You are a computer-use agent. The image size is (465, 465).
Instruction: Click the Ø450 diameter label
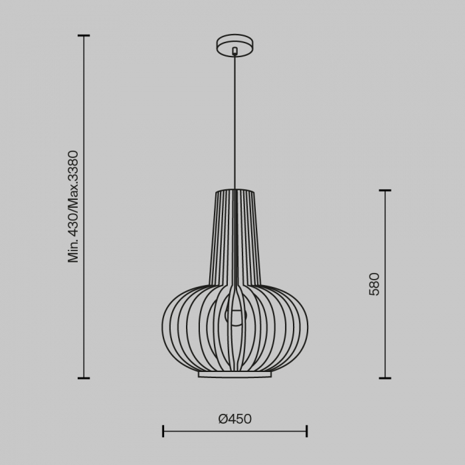235,418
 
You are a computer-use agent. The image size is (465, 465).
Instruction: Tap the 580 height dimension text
375,284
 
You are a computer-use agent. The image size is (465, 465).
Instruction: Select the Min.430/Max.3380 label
73,206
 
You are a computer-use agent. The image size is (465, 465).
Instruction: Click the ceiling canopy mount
234,45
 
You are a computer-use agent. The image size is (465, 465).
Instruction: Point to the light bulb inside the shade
234,316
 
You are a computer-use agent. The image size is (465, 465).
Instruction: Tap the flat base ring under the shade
234,375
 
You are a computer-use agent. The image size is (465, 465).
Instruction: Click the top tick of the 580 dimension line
385,191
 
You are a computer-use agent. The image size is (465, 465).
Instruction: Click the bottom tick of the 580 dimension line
385,378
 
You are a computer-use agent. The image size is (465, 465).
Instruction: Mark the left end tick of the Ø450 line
163,431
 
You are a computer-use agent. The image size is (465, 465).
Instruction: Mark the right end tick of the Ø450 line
306,431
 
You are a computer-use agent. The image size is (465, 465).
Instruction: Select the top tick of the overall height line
84,36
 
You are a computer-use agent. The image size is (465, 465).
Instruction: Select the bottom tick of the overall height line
84,378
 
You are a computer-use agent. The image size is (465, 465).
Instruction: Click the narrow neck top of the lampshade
234,193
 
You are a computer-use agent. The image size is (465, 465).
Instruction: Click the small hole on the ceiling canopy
234,50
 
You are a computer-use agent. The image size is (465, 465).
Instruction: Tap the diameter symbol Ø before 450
223,418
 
